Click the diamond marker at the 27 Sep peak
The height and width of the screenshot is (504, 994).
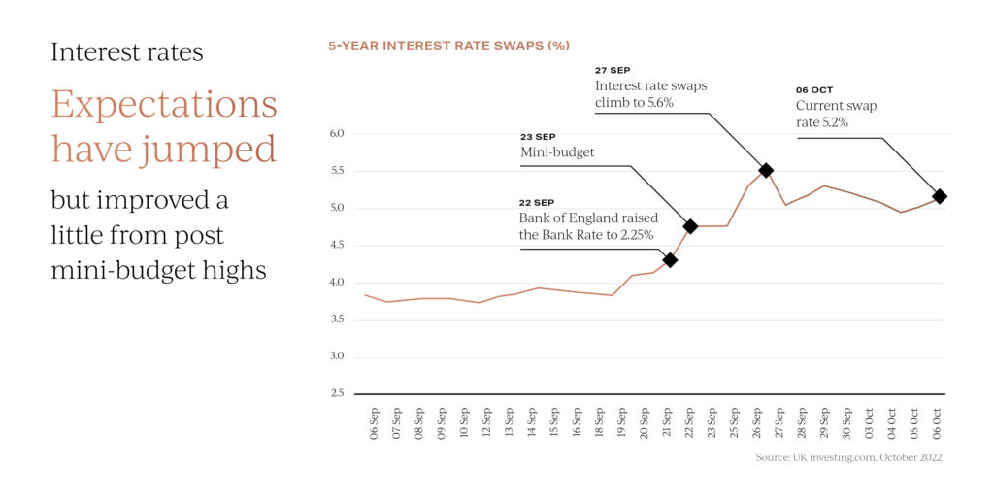coord(766,171)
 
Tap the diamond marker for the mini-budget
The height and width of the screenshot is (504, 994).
coord(690,226)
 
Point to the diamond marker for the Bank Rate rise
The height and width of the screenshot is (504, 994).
coord(670,260)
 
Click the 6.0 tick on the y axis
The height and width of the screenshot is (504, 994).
coord(336,133)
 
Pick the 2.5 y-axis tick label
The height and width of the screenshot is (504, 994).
coord(336,393)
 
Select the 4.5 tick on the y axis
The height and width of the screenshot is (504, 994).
coord(336,245)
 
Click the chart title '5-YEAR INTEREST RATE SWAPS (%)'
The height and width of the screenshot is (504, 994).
coord(448,46)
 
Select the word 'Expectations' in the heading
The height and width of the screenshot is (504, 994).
coord(164,105)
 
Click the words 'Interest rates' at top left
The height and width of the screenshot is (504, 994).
coord(127,51)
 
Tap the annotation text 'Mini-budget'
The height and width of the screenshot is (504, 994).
coord(558,153)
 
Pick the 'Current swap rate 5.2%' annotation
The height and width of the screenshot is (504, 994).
coord(835,114)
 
